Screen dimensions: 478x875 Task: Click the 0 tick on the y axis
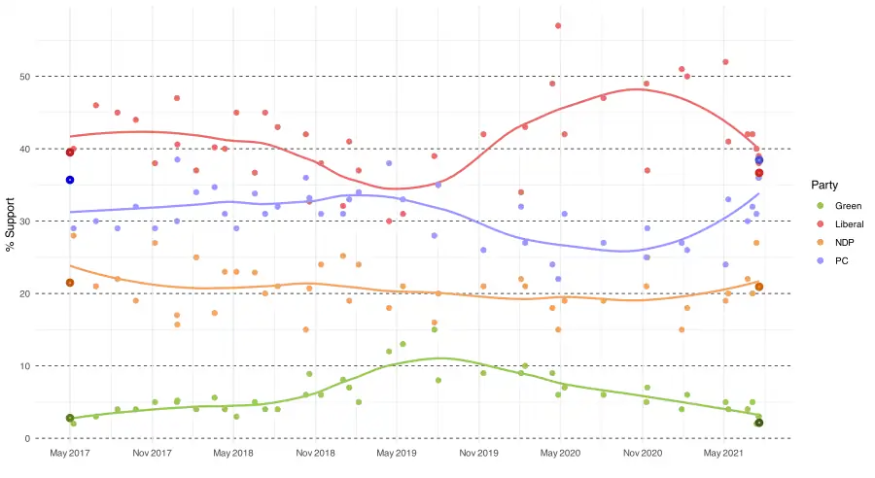(30, 438)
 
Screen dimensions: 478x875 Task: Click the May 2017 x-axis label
(70, 454)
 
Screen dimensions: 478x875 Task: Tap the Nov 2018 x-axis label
(316, 454)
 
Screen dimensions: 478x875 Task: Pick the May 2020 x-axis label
(561, 454)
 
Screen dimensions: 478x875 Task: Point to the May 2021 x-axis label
(724, 454)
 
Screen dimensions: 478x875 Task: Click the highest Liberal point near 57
(558, 26)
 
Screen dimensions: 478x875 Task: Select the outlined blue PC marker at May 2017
(70, 180)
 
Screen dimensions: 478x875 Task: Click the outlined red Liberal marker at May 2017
(70, 153)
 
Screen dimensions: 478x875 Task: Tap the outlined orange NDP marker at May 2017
(70, 283)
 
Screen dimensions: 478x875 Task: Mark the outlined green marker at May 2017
(70, 418)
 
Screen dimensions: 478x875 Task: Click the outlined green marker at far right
(759, 423)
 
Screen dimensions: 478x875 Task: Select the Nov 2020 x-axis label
(643, 454)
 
